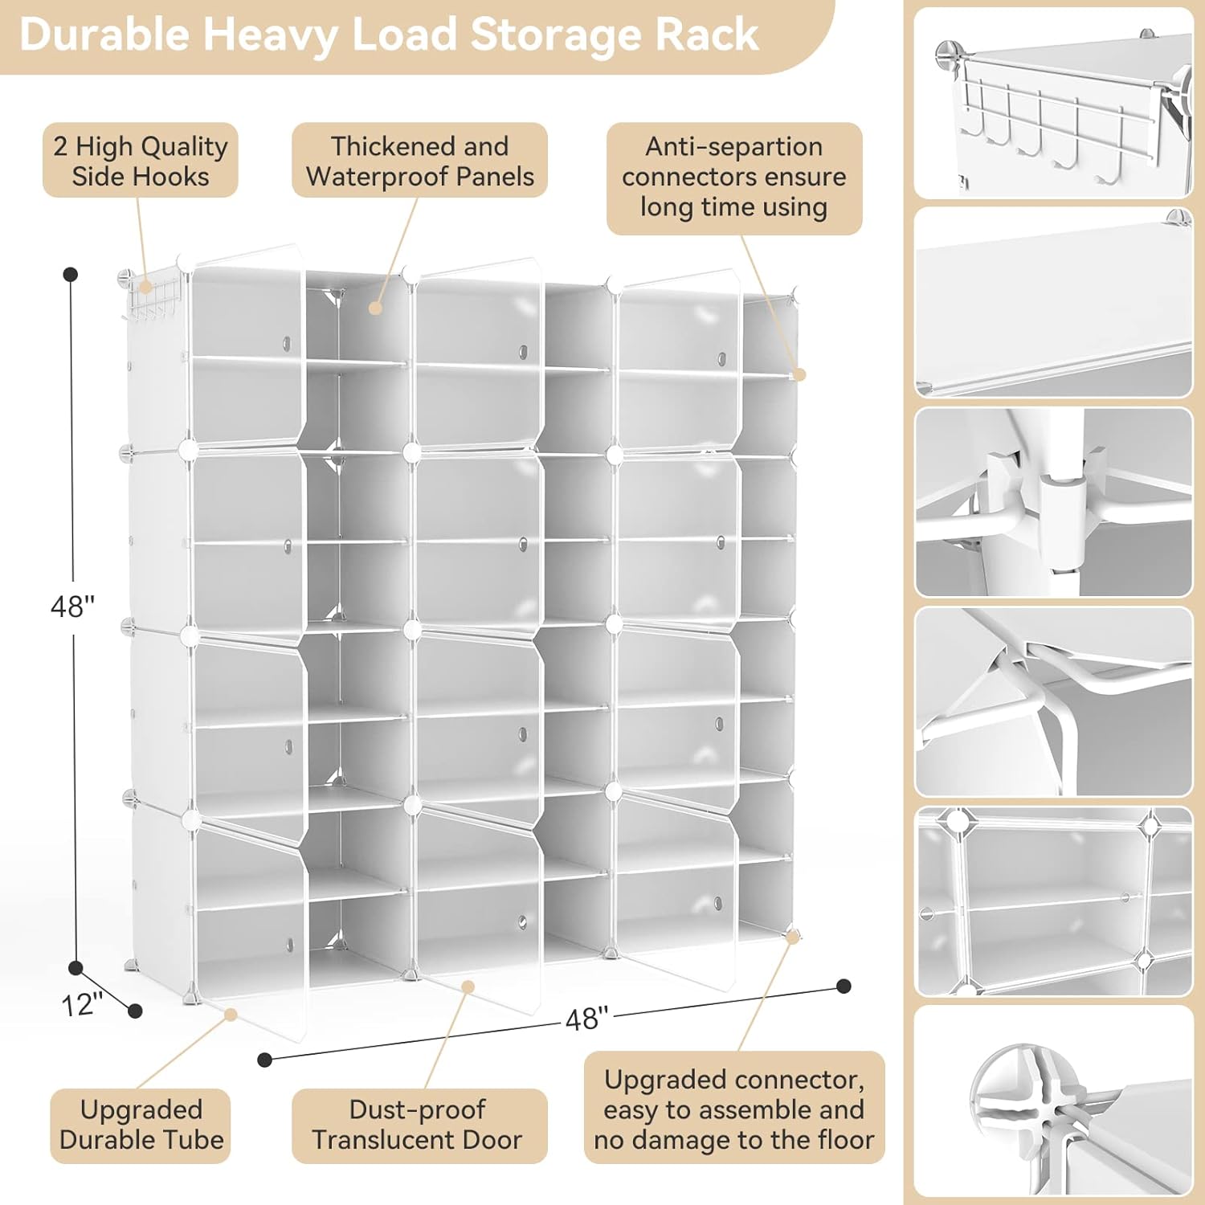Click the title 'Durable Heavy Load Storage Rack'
[389, 35]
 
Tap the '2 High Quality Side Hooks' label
[141, 161]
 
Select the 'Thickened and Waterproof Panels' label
[419, 161]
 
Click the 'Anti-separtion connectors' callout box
[733, 178]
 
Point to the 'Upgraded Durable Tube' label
[141, 1125]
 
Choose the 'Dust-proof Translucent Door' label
[418, 1125]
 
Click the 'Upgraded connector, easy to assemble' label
[733, 1109]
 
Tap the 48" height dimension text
[72, 607]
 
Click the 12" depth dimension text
[82, 1004]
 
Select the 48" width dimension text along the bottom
[587, 1019]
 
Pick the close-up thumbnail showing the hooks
[1053, 103]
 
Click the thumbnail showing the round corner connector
[1053, 1101]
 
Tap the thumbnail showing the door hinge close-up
[1053, 502]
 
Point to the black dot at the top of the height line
[71, 275]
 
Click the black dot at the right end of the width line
[843, 986]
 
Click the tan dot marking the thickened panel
[375, 307]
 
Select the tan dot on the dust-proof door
[468, 986]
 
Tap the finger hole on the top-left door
[287, 344]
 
